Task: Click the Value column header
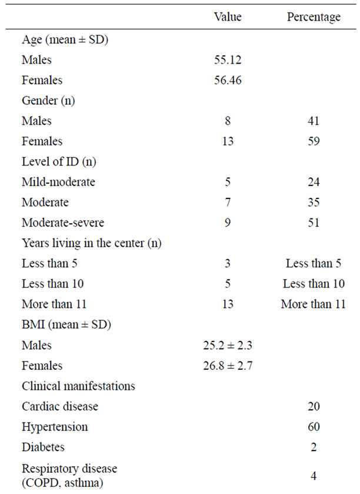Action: point(228,16)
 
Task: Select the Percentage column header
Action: point(314,17)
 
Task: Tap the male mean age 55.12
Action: point(228,59)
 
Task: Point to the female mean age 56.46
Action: point(228,80)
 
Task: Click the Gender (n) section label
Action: point(48,101)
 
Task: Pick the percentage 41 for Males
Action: point(314,121)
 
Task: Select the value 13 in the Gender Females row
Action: point(228,141)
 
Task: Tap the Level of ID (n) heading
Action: point(59,161)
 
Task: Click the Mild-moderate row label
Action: point(58,182)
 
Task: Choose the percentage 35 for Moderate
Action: point(314,203)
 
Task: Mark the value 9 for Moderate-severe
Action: point(228,223)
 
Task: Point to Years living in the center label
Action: point(91,243)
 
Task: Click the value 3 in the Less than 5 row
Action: point(228,263)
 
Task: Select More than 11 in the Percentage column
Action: point(314,304)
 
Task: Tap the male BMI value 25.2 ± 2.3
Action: point(228,345)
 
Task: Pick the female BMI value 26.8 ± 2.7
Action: point(228,366)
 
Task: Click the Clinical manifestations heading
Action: point(78,386)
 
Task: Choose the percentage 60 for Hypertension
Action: point(314,426)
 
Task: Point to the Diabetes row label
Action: point(43,447)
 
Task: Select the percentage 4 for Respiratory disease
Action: point(314,475)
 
